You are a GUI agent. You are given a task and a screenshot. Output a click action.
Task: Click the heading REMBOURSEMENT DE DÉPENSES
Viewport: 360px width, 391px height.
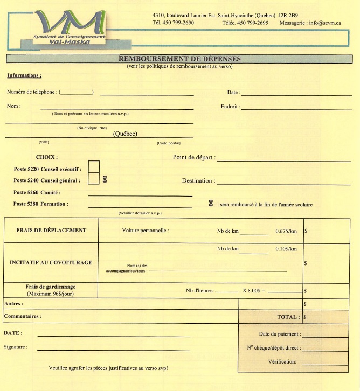pos(180,58)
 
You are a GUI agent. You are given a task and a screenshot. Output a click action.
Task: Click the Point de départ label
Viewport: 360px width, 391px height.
pos(193,158)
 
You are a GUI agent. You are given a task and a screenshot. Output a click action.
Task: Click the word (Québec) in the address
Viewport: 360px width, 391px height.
pos(124,134)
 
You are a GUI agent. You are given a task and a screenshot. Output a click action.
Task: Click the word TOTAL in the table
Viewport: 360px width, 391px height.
pos(287,317)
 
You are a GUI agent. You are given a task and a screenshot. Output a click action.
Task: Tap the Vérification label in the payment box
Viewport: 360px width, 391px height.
pos(281,362)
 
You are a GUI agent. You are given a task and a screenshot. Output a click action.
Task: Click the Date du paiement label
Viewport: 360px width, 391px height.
pos(279,334)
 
